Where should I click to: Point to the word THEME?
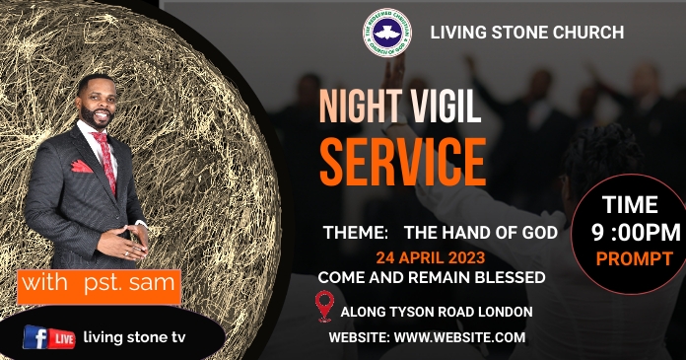(x=356, y=234)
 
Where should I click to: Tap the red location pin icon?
(x=324, y=306)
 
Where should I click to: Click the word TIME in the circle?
(x=630, y=205)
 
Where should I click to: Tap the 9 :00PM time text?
(x=635, y=233)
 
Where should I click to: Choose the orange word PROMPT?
(x=634, y=259)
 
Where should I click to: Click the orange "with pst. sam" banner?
(x=100, y=286)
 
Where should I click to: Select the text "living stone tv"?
(x=133, y=337)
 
